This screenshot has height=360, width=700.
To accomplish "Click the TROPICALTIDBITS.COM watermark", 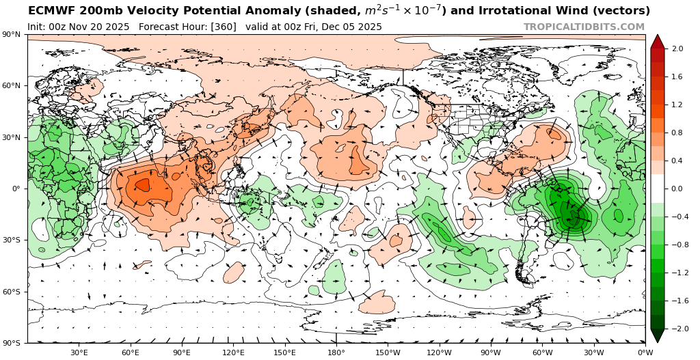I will pyautogui.click(x=584, y=27).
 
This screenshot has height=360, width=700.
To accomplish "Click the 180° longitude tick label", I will pyautogui.click(x=336, y=352).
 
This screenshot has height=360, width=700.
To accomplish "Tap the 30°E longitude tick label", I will pyautogui.click(x=79, y=352).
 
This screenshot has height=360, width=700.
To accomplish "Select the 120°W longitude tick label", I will pyautogui.click(x=439, y=352).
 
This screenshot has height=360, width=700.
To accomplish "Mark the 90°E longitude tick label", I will pyautogui.click(x=182, y=352).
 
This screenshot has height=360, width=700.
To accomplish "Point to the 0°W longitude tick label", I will pyautogui.click(x=645, y=352).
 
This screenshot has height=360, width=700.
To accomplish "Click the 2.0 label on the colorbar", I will pyautogui.click(x=677, y=49).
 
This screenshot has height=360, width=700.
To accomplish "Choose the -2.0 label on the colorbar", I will pyautogui.click(x=676, y=329).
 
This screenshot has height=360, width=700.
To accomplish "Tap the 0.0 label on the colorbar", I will pyautogui.click(x=677, y=189).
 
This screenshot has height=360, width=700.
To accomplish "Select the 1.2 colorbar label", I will pyautogui.click(x=677, y=105).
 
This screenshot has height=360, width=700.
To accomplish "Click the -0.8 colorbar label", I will pyautogui.click(x=676, y=245).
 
